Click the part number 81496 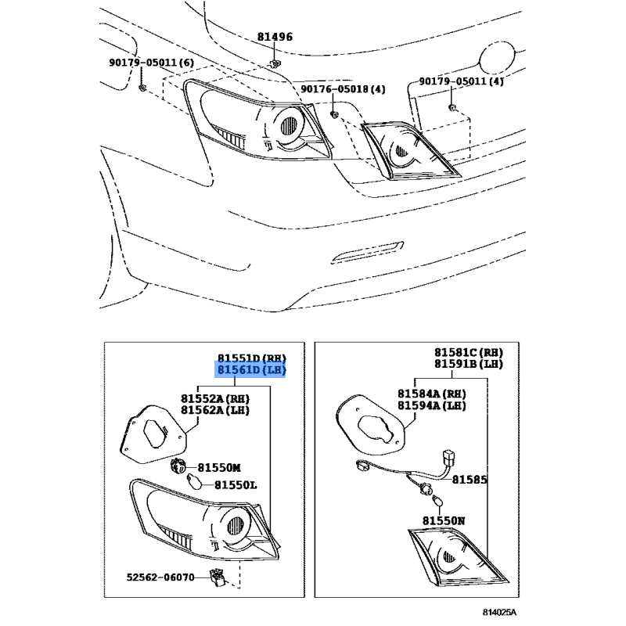[x=275, y=37]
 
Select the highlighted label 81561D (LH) [x=252, y=370]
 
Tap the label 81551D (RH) [x=252, y=358]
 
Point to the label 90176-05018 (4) [x=344, y=90]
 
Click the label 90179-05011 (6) [x=151, y=63]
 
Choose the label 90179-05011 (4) [x=462, y=81]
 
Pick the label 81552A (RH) [x=215, y=398]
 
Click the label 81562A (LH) [x=215, y=410]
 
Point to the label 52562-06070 [x=162, y=577]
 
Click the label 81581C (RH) [x=469, y=353]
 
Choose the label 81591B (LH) [x=469, y=365]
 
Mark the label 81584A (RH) [x=431, y=394]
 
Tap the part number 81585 [x=469, y=479]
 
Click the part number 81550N [x=444, y=520]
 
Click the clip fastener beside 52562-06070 [x=218, y=577]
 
